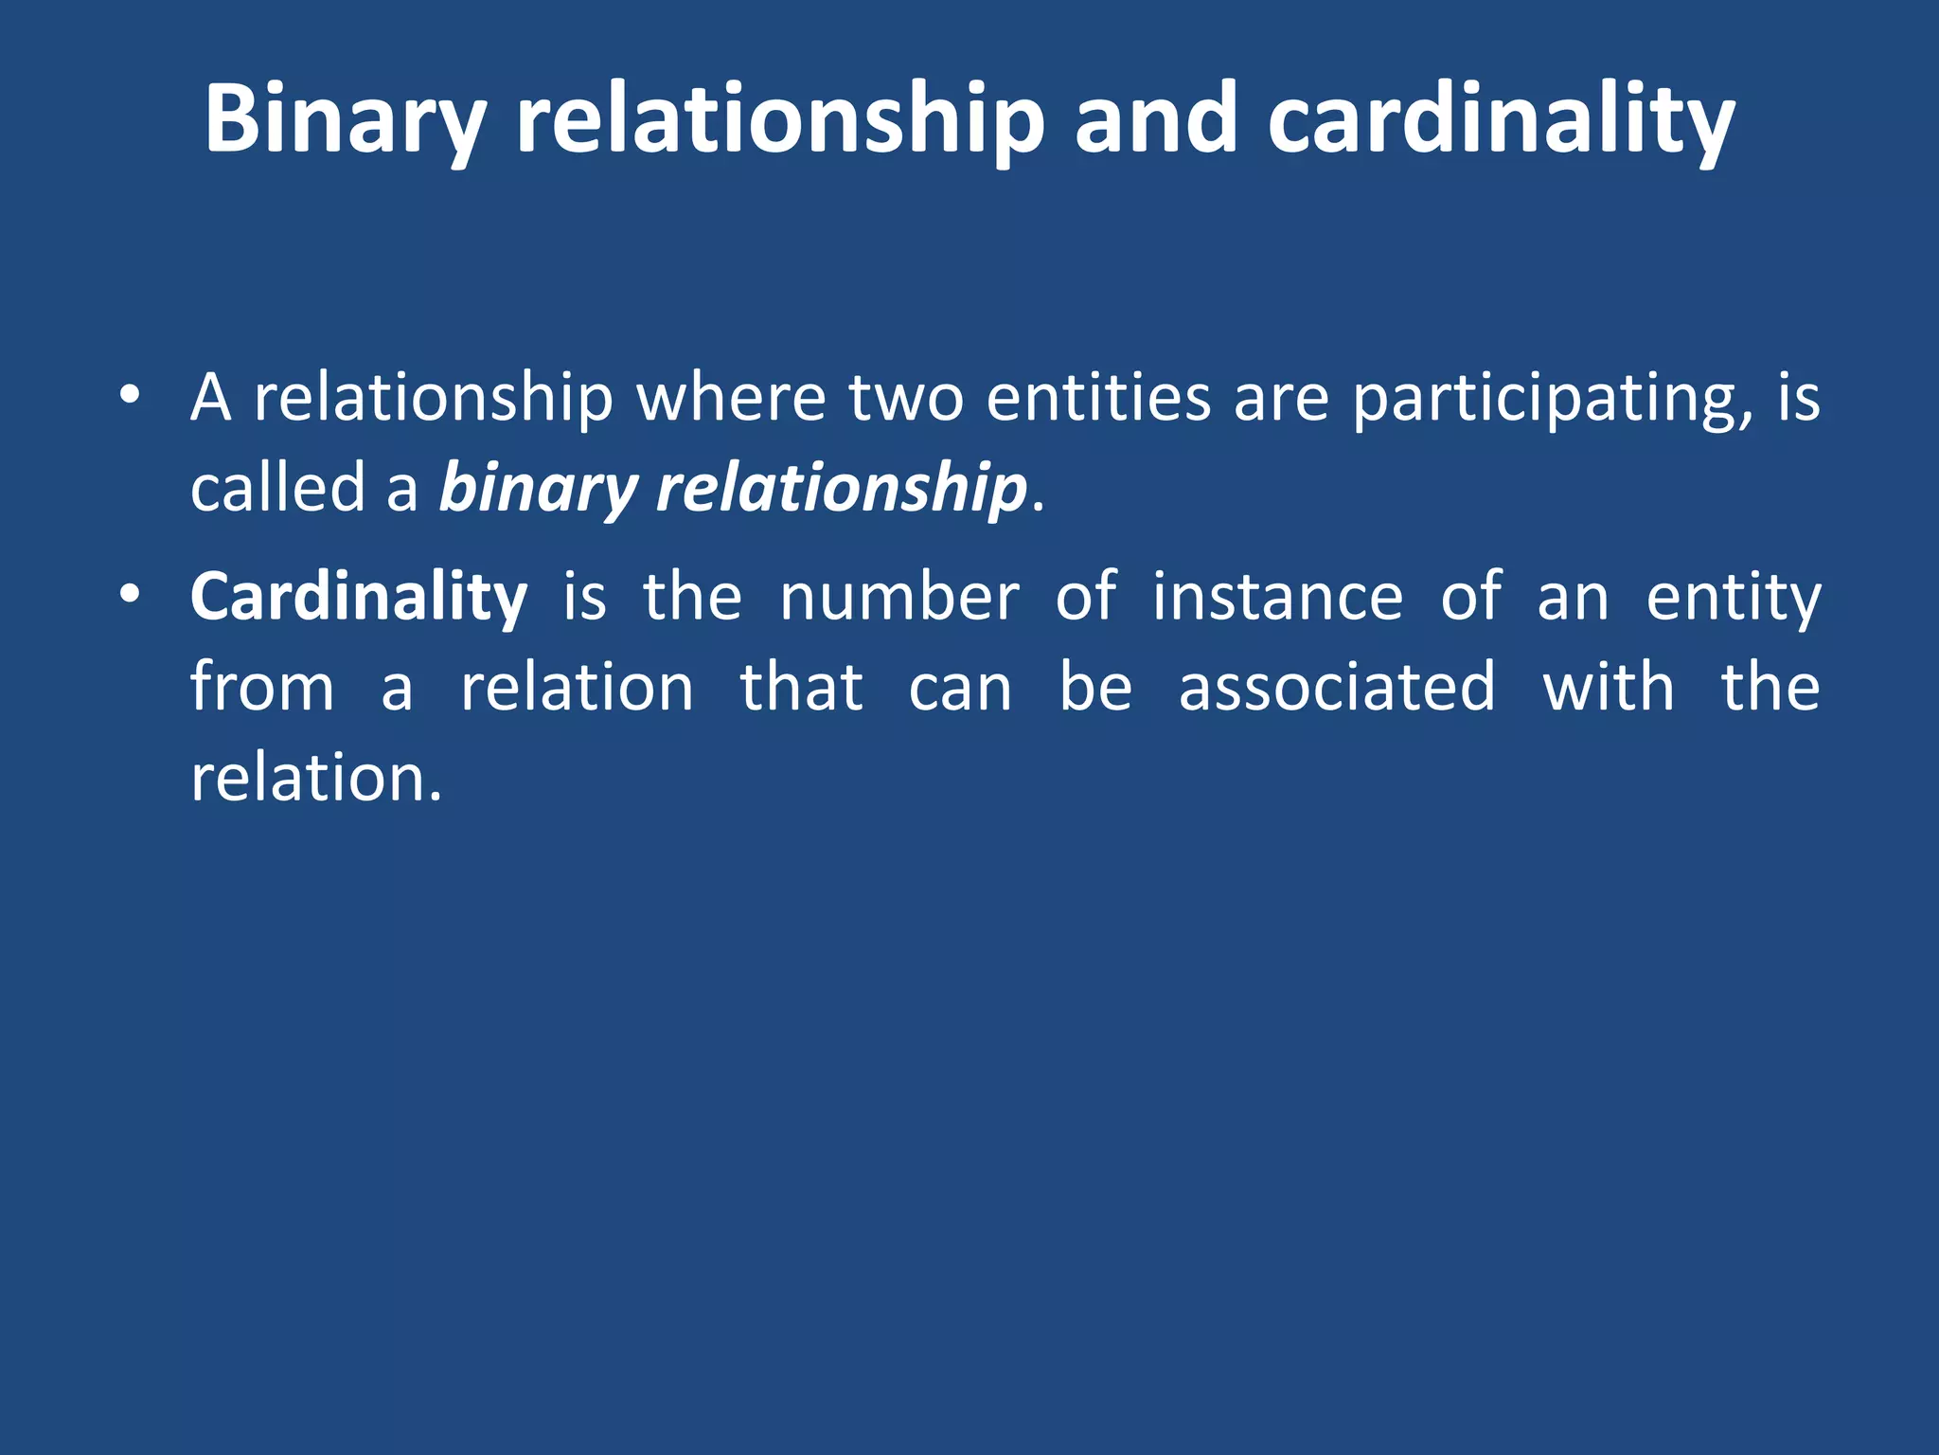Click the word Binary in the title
point(345,121)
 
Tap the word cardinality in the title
point(1501,121)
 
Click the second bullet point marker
point(130,594)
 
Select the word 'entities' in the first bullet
point(1098,398)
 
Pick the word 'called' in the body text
point(277,488)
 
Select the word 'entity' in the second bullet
point(1734,599)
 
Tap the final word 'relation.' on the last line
point(316,778)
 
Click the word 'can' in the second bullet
point(959,689)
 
